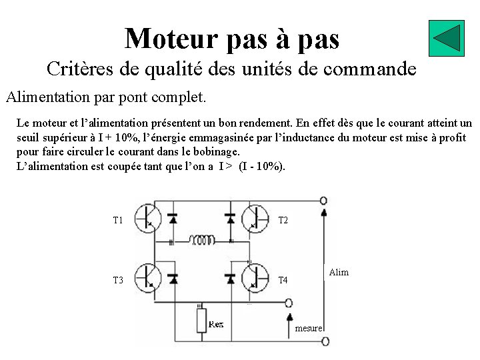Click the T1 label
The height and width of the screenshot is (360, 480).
point(118,220)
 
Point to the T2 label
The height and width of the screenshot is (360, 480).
point(283,220)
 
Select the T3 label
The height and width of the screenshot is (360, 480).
point(118,280)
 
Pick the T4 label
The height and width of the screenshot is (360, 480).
point(283,280)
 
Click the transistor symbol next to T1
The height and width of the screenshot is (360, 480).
point(147,217)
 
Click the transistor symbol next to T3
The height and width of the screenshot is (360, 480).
point(147,277)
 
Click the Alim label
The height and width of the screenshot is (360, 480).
point(339,273)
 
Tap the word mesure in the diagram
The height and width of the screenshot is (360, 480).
point(309,328)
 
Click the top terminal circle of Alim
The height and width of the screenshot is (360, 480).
point(324,201)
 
